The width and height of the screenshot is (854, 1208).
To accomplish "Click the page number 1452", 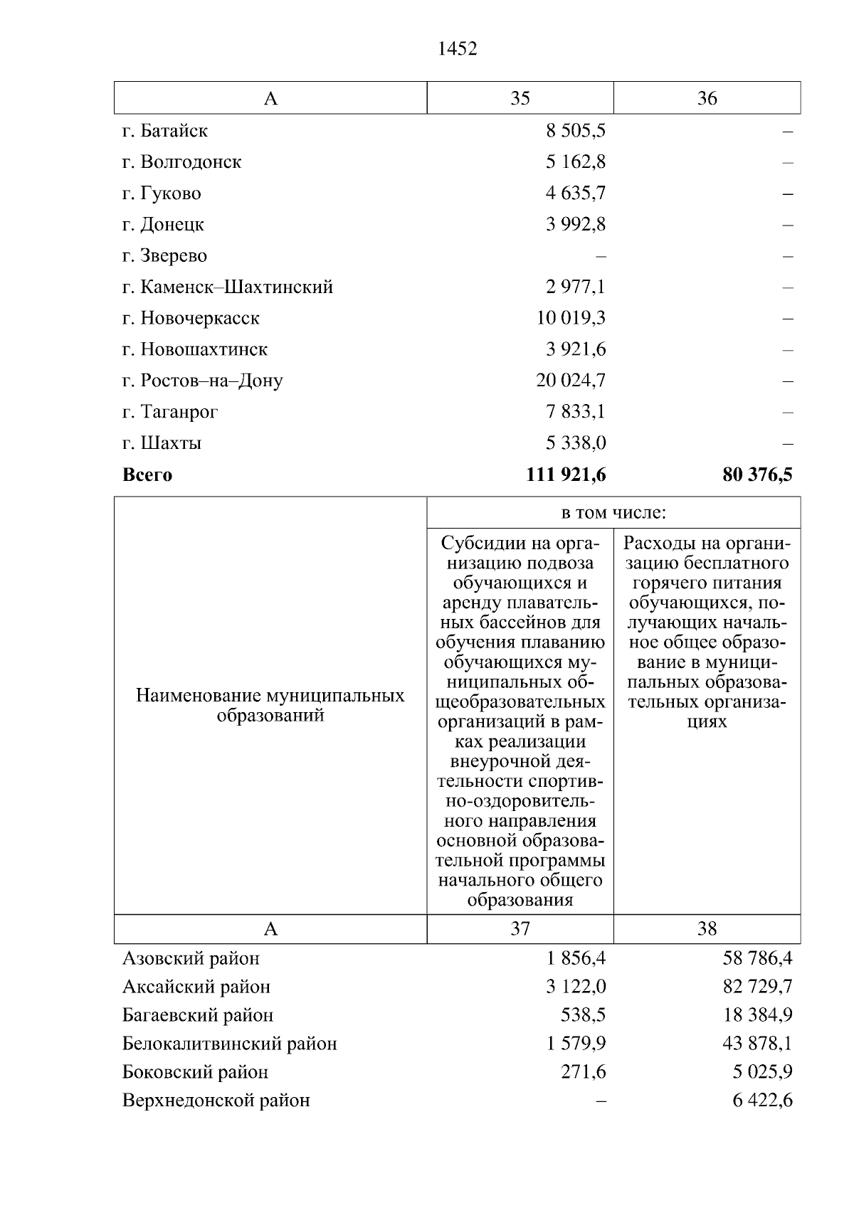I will coord(458,48).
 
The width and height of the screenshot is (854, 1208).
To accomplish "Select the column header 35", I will coord(520,98).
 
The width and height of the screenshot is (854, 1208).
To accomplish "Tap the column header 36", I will coord(707,98).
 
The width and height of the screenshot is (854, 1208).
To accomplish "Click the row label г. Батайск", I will coord(165,131).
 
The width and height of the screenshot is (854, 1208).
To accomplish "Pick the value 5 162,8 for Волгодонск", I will coord(576,162).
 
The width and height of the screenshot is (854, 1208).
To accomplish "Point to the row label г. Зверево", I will coord(165,255).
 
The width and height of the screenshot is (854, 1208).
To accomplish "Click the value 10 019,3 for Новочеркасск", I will coord(571,318).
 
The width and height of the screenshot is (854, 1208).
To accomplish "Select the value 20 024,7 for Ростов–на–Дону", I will coord(571,381).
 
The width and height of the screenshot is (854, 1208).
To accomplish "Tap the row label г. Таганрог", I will coord(170,412).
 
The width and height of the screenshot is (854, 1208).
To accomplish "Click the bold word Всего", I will coord(147,475).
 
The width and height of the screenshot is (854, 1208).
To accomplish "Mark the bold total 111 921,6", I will coord(566,475).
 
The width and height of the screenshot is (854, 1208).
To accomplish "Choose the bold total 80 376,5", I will coord(757,475).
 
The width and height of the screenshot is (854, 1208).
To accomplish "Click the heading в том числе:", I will coord(613,513).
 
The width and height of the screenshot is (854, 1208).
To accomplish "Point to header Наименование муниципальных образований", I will coord(270,705).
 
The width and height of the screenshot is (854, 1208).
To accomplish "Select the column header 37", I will coord(520,929).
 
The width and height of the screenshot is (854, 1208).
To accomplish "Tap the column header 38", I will coord(707,929).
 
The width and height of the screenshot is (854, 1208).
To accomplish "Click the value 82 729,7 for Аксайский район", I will coord(758,987).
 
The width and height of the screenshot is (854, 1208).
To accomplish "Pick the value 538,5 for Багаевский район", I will coord(584,1015).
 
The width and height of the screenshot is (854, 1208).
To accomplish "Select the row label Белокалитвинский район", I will coord(230,1044).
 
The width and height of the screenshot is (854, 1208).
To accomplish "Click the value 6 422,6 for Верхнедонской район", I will coord(762,1101).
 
